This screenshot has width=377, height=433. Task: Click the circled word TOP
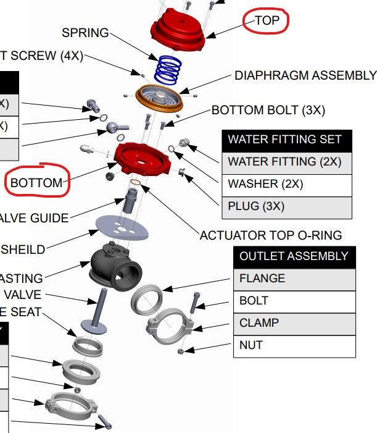point(267,20)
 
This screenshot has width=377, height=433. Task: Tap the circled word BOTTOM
point(36,183)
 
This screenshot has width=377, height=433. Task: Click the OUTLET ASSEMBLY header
point(294,256)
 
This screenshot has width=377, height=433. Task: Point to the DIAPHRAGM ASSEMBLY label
point(305,75)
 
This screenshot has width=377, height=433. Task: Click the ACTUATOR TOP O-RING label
point(270,235)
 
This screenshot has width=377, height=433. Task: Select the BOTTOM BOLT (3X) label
point(268,110)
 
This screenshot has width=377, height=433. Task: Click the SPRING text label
point(85,32)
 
